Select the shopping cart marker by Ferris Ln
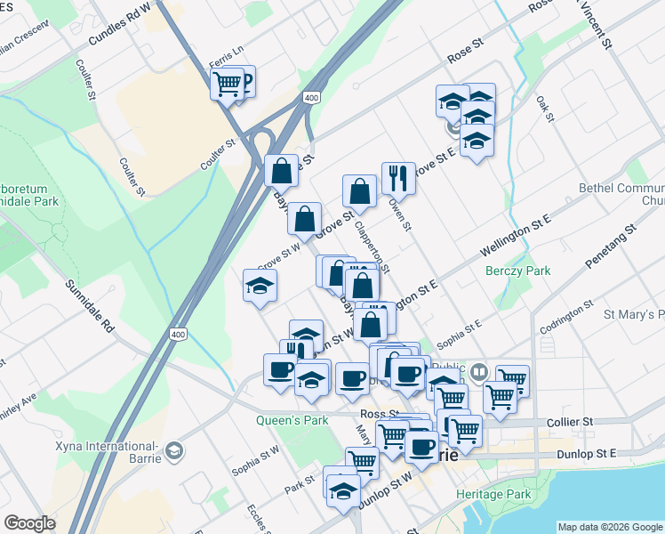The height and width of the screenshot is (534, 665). (227, 85)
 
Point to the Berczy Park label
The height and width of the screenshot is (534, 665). (517, 271)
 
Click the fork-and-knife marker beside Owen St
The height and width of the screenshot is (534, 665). (397, 179)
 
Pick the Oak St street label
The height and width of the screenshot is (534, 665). (545, 110)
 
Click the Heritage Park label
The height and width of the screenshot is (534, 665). (493, 494)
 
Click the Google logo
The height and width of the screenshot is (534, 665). (29, 523)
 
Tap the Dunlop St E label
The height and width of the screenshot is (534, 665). (581, 453)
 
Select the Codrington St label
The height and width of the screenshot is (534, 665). (566, 318)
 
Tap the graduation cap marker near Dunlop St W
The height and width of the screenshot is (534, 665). (343, 489)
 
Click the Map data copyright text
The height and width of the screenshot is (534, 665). (609, 526)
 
